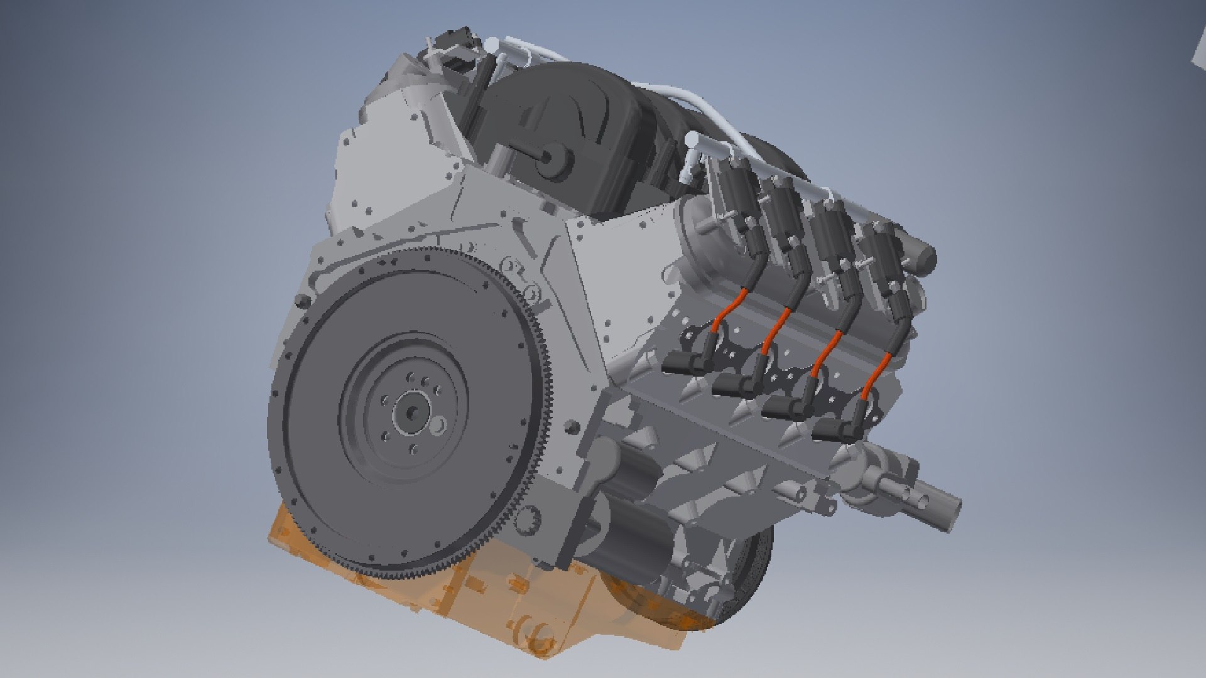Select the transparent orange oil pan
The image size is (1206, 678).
coord(402,603)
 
